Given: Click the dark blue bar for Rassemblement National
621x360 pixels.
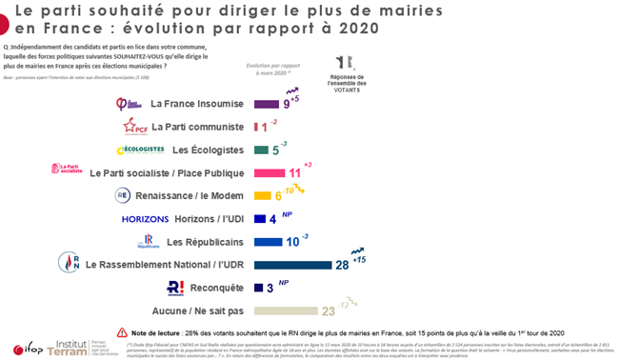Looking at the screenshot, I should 290,264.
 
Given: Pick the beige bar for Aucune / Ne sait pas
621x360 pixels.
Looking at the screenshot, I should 285,310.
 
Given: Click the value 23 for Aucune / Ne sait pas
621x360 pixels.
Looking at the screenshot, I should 327,310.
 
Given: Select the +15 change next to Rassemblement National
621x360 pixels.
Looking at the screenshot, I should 359,260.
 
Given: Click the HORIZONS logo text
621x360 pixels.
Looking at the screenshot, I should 146,218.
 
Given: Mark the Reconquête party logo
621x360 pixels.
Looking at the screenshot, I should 175,287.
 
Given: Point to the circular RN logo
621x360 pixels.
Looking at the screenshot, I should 69,262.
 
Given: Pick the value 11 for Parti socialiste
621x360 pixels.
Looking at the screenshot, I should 294,173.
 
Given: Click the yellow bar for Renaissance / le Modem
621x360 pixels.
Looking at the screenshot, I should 264,195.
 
